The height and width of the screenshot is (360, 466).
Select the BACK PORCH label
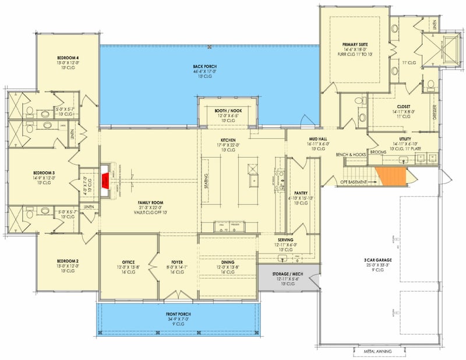[x=205, y=67]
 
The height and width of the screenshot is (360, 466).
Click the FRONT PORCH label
[x=178, y=314]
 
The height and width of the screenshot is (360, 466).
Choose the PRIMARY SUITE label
[x=356, y=44]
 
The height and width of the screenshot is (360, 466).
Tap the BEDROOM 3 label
[x=60, y=173]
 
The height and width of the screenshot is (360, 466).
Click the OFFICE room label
[x=129, y=262]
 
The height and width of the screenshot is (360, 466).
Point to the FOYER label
[x=177, y=262]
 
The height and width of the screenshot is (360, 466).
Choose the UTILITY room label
[x=405, y=139]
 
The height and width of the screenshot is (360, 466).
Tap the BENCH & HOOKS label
[x=350, y=154]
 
